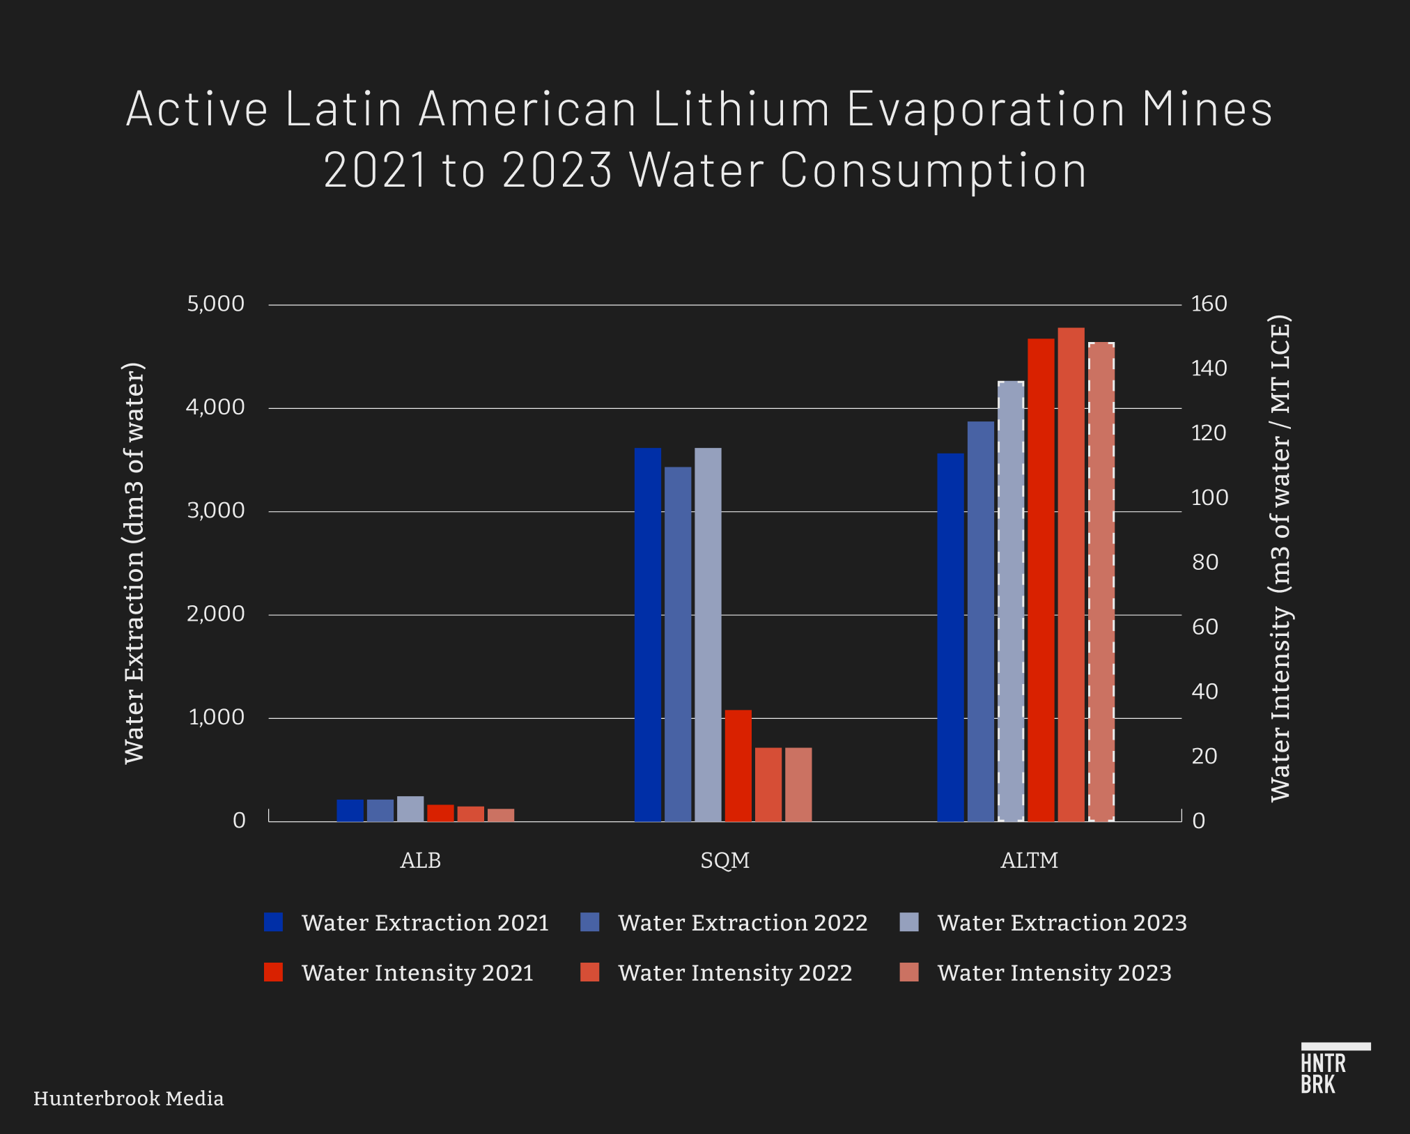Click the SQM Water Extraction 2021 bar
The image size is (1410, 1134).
tap(647, 634)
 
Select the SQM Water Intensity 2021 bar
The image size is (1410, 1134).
tap(738, 766)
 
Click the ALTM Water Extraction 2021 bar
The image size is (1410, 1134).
tap(950, 637)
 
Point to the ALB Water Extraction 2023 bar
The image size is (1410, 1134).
tap(410, 809)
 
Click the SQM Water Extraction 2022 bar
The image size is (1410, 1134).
tap(678, 644)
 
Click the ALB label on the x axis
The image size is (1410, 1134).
tap(420, 861)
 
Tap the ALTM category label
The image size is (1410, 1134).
tap(1029, 861)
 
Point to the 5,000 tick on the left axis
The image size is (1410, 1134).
tap(215, 304)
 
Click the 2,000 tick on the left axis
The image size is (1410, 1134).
tap(215, 614)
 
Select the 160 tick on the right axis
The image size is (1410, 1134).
tap(1209, 304)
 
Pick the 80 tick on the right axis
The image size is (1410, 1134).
tap(1204, 562)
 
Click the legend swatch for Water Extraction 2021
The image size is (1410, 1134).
tap(273, 922)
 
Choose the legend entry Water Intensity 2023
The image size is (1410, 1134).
tap(1053, 972)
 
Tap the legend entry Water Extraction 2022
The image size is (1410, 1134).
tap(742, 922)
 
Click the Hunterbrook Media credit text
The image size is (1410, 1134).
tap(128, 1098)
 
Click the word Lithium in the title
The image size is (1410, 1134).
tap(741, 109)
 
